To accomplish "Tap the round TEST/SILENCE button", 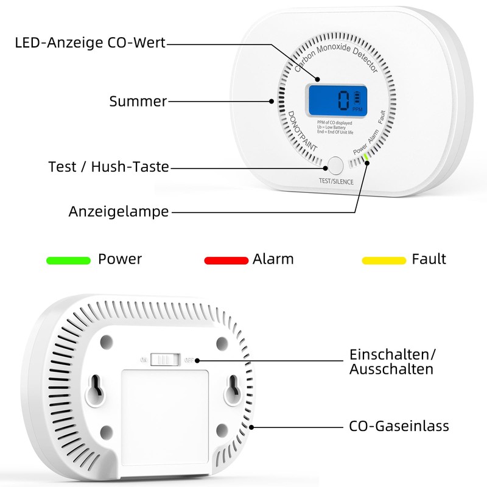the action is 335,165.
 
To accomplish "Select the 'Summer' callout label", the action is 138,101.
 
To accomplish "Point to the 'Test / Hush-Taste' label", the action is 108,166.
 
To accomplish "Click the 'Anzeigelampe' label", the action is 119,212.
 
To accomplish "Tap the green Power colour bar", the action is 68,261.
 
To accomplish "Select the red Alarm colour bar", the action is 226,261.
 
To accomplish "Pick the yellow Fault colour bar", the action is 384,261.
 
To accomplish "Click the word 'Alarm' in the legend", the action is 273,259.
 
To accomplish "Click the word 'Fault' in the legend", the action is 429,259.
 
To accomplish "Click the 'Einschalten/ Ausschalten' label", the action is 393,362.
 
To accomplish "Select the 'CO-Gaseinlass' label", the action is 399,426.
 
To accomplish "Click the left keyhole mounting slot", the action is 96,388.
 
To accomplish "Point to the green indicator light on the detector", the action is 366,157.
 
